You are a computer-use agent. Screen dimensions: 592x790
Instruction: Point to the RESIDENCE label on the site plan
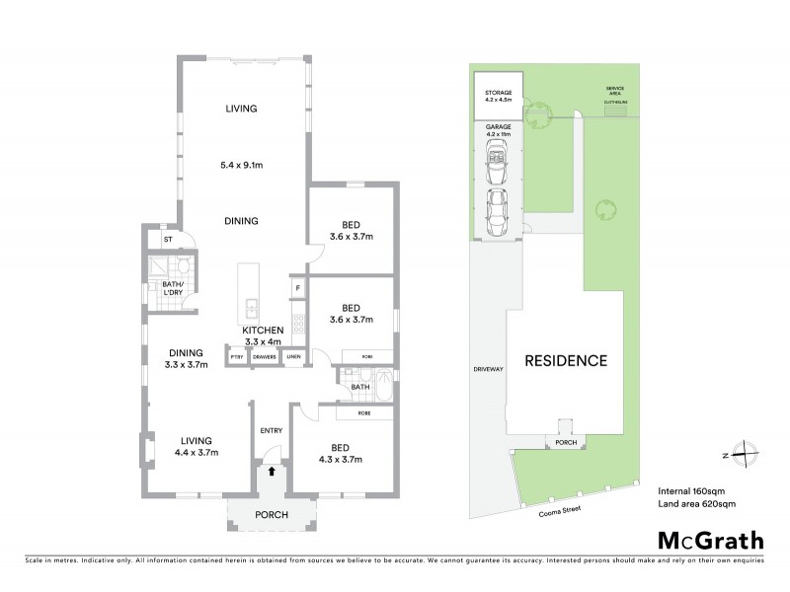tap(565, 360)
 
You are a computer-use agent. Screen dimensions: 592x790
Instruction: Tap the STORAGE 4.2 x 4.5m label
tap(498, 95)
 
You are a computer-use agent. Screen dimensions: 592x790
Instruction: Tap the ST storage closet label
tap(167, 239)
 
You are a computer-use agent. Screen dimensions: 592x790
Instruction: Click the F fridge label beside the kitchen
tap(296, 289)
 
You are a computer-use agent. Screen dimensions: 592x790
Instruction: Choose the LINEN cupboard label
tap(293, 356)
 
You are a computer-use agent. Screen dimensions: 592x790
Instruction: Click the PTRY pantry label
tap(237, 356)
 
